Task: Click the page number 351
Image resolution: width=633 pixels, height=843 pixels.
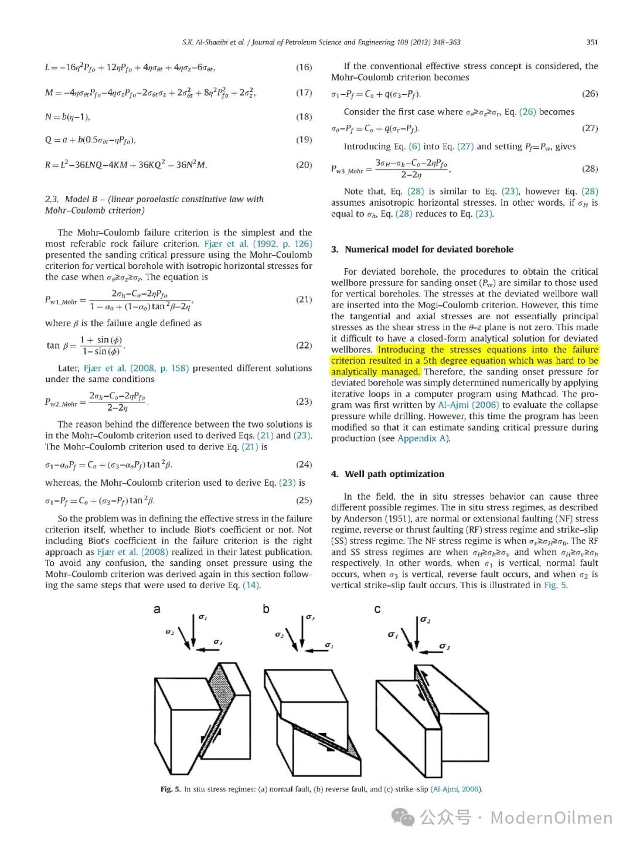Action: coord(592,42)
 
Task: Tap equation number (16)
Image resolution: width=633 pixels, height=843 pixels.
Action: coord(304,67)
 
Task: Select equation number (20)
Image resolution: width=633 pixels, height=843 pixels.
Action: coord(304,165)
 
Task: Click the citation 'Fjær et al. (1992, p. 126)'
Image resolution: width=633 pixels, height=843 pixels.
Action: coord(258,244)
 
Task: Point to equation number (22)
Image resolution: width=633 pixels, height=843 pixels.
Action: coord(304,346)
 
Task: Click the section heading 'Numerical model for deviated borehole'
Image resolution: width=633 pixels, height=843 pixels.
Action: coord(428,250)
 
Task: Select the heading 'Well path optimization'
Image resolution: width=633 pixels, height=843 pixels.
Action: coord(394,474)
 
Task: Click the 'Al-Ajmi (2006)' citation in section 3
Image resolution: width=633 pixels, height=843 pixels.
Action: coord(468,405)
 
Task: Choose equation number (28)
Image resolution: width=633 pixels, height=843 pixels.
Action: coord(590,169)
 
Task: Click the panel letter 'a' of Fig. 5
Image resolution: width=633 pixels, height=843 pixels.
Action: coord(156,609)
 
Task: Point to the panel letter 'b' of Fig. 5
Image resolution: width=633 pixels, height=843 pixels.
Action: coord(266,609)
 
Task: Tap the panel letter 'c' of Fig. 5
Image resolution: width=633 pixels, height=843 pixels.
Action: coord(377,609)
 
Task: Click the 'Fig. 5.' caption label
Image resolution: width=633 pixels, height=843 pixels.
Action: coord(171,789)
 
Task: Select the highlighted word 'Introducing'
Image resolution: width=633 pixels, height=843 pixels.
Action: coord(401,350)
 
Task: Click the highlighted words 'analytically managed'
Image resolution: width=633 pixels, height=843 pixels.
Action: coord(375,372)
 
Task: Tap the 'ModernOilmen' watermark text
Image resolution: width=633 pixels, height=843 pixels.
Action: coord(551,817)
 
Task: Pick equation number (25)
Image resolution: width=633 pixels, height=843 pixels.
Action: coord(304,501)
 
